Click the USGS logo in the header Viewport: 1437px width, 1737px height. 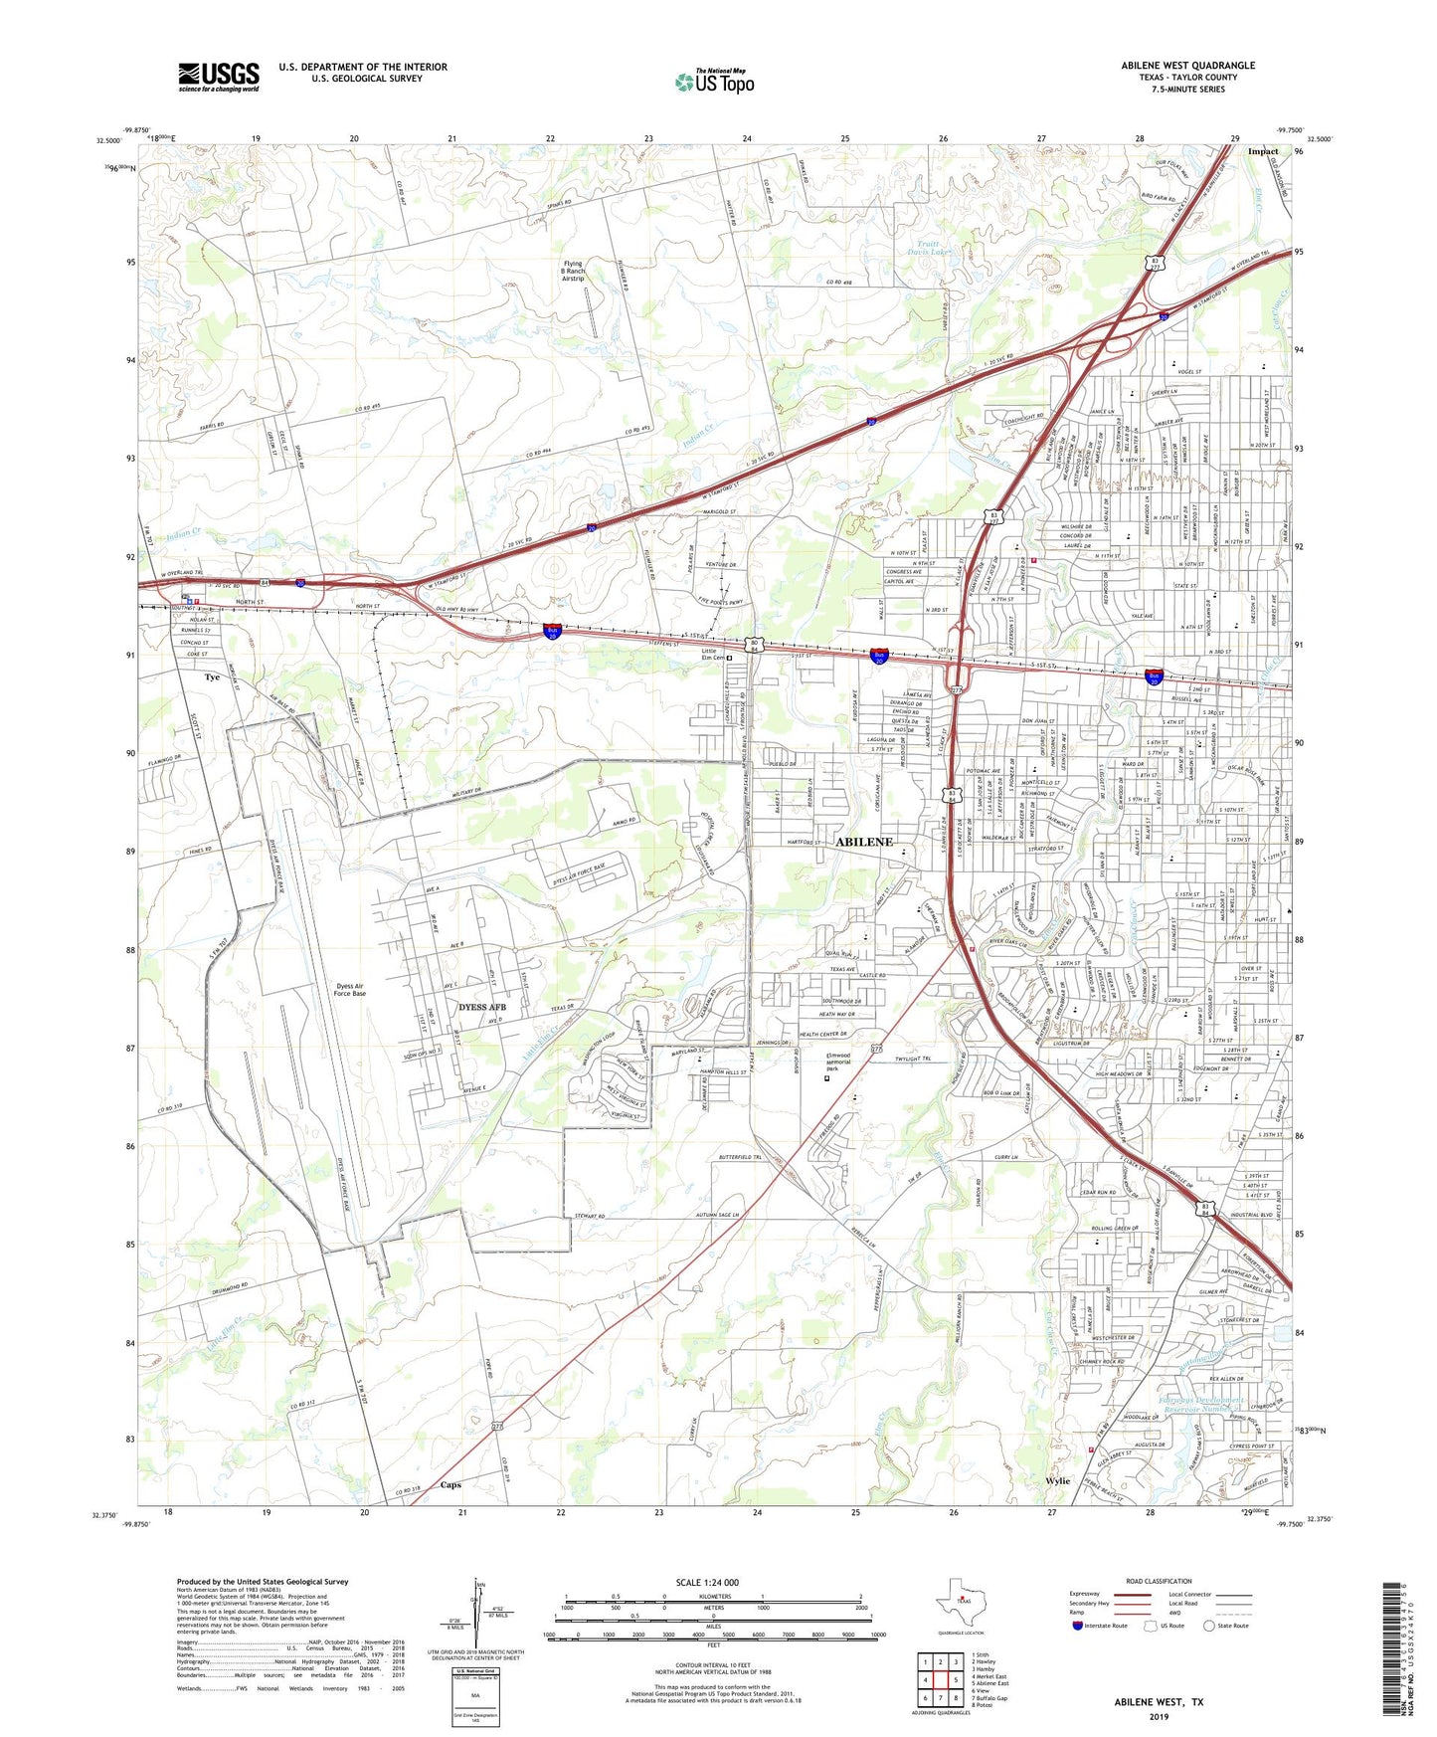point(219,77)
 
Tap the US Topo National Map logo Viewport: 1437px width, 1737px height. point(713,82)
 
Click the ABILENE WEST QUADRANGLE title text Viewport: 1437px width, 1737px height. point(1187,66)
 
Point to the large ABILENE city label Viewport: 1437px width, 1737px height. point(864,842)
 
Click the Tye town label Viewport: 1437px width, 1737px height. point(212,677)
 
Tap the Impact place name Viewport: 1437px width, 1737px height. point(1262,152)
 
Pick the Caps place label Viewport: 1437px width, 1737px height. point(449,1485)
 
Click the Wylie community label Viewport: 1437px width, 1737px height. point(1057,1481)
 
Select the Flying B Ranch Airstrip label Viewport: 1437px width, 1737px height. point(573,271)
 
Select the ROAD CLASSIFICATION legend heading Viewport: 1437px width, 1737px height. point(1159,1581)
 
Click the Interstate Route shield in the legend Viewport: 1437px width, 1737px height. point(1078,1626)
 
